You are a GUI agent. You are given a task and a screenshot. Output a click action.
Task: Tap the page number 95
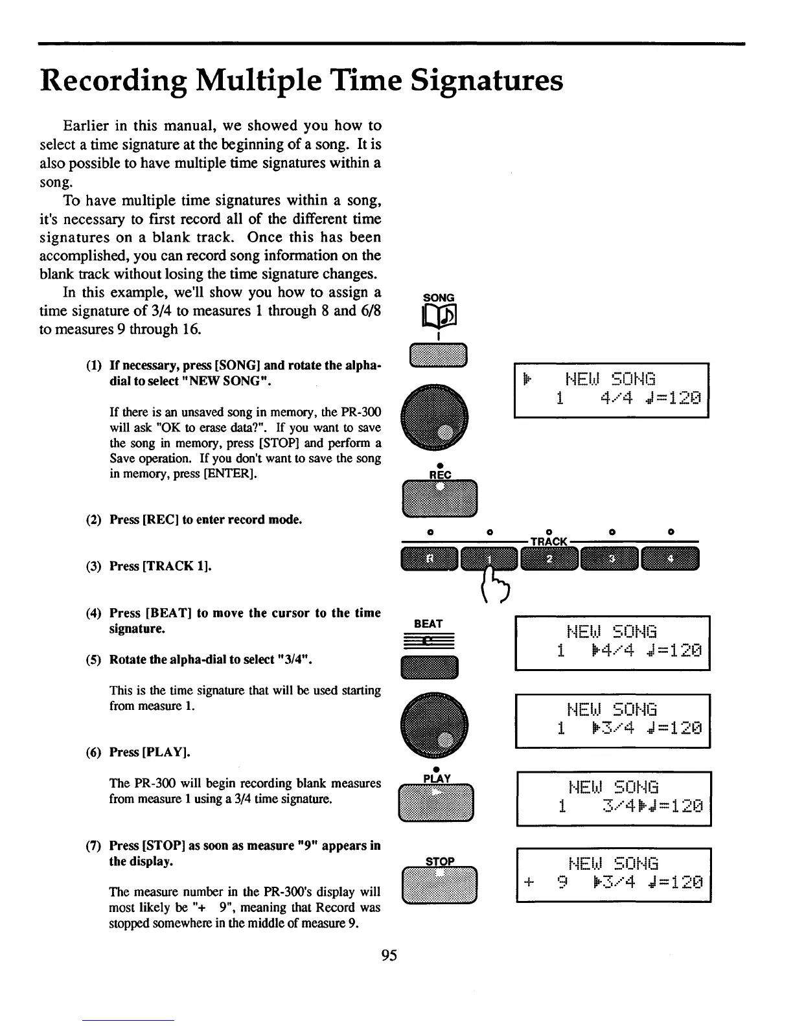click(x=389, y=955)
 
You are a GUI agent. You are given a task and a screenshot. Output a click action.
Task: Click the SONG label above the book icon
click(x=439, y=298)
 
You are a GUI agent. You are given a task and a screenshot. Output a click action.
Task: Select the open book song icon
click(x=439, y=317)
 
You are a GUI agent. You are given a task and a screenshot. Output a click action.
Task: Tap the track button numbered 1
click(x=490, y=559)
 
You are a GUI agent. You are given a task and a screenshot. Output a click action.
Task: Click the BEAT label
click(x=428, y=624)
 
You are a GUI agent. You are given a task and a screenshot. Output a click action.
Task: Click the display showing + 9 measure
click(x=614, y=874)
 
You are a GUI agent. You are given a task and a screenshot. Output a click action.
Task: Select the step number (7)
click(x=95, y=846)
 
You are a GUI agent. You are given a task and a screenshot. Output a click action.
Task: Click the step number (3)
click(x=95, y=566)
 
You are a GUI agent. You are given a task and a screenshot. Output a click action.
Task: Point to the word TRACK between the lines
click(x=549, y=541)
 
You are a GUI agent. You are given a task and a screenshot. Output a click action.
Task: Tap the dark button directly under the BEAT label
click(x=430, y=667)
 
